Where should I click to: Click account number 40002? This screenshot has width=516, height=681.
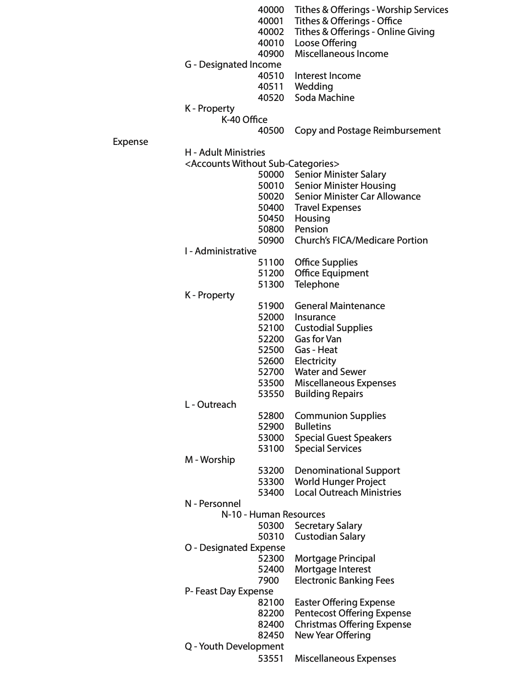[271, 32]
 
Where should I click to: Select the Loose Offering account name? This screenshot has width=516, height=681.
[325, 43]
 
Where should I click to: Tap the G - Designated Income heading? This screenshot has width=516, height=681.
[233, 65]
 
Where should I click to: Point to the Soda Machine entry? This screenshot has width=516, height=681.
[324, 98]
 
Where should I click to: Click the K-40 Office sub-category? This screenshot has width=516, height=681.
[244, 120]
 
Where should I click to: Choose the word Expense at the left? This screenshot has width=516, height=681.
[130, 142]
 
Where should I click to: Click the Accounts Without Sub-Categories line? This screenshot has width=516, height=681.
[262, 164]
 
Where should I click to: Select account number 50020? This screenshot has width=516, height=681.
[271, 196]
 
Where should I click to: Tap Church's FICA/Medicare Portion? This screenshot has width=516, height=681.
[361, 240]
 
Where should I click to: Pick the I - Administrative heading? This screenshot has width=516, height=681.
[220, 251]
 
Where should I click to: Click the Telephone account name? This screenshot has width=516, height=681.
[317, 284]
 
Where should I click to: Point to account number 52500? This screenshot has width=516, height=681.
[271, 350]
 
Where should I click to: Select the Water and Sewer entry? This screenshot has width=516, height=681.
[330, 372]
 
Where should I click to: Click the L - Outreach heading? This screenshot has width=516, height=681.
[210, 405]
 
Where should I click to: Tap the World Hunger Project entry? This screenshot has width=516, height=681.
[340, 482]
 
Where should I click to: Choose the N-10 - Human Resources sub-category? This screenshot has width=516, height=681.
[273, 515]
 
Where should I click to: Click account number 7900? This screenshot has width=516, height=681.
[268, 581]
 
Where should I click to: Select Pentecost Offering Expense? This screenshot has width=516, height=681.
[353, 613]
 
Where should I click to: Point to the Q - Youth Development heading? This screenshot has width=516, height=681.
[234, 646]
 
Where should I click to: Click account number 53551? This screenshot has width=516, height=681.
[271, 659]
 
